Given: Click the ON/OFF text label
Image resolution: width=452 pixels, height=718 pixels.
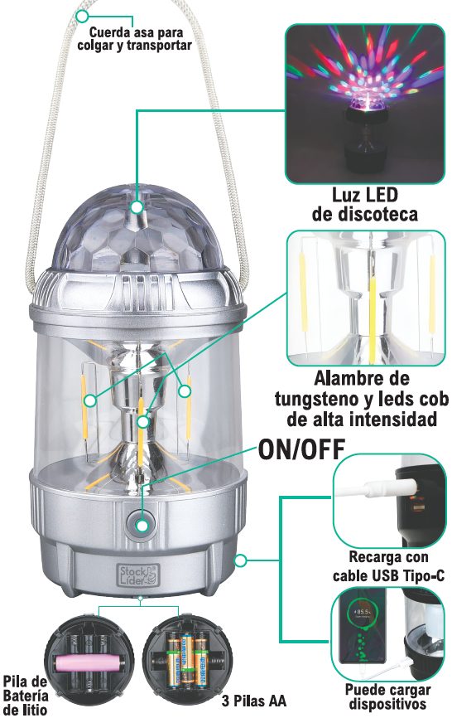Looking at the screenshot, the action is click(x=301, y=449).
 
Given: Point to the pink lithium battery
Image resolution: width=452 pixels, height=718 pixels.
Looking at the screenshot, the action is click(x=89, y=662).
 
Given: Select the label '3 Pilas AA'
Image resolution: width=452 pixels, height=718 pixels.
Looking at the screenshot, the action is click(x=254, y=701).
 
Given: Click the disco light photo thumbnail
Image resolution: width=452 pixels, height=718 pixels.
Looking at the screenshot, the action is click(x=365, y=104).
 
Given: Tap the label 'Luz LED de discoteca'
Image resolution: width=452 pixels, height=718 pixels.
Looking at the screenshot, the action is click(x=365, y=204).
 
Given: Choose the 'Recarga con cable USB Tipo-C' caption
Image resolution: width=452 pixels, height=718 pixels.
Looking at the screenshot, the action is click(x=388, y=566).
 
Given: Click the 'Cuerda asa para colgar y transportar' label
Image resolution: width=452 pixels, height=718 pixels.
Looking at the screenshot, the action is click(x=134, y=39).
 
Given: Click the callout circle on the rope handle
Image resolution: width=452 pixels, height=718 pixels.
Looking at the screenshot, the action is click(x=82, y=17).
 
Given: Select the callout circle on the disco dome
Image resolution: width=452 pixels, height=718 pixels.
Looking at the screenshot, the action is click(x=137, y=207).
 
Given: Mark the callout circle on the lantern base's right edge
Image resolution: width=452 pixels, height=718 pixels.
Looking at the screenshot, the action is click(x=240, y=560).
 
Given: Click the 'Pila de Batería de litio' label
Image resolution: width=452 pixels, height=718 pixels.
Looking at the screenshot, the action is click(x=26, y=695).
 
